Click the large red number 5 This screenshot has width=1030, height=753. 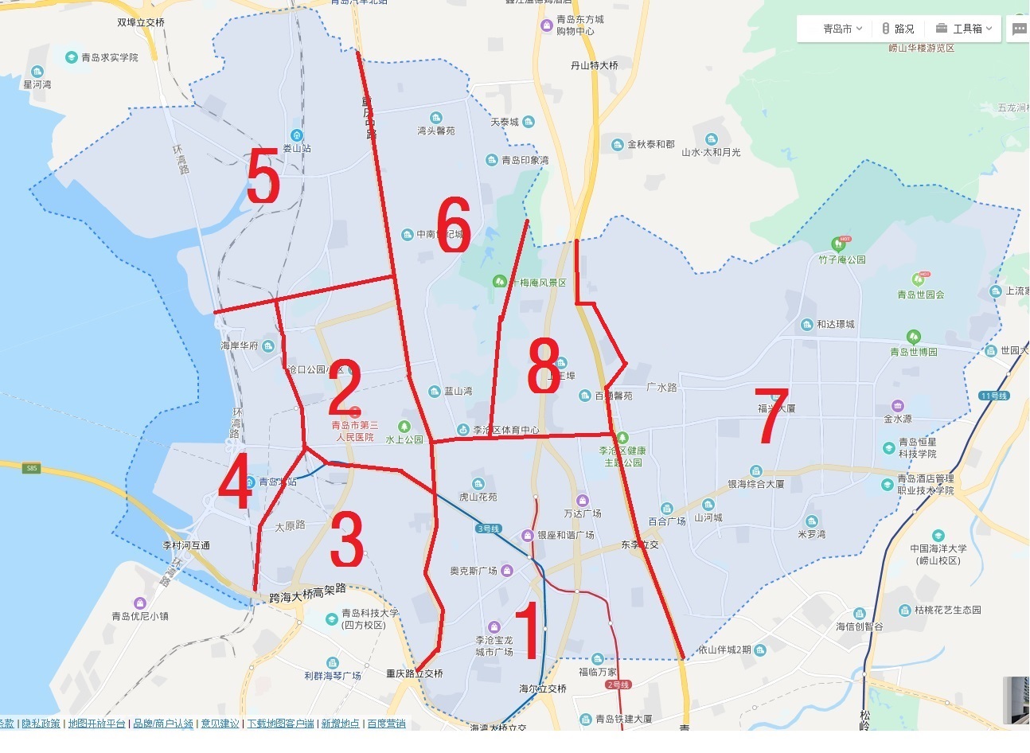(263, 177)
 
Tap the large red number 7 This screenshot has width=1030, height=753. (771, 416)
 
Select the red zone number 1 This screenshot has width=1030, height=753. (529, 632)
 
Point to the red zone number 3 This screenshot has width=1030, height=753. (347, 540)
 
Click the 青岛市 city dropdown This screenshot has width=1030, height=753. (842, 29)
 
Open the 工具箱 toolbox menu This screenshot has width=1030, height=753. (966, 29)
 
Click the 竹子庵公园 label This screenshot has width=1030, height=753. (841, 259)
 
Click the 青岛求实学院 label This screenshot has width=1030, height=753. (109, 57)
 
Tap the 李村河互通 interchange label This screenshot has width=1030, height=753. (186, 545)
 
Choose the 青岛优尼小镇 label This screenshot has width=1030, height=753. (139, 616)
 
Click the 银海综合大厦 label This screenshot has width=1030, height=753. (755, 483)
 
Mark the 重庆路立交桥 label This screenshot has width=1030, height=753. (414, 673)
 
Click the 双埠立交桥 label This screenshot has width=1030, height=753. (141, 22)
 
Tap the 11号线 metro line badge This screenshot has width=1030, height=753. (994, 396)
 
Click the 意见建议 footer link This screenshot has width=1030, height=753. (220, 724)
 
